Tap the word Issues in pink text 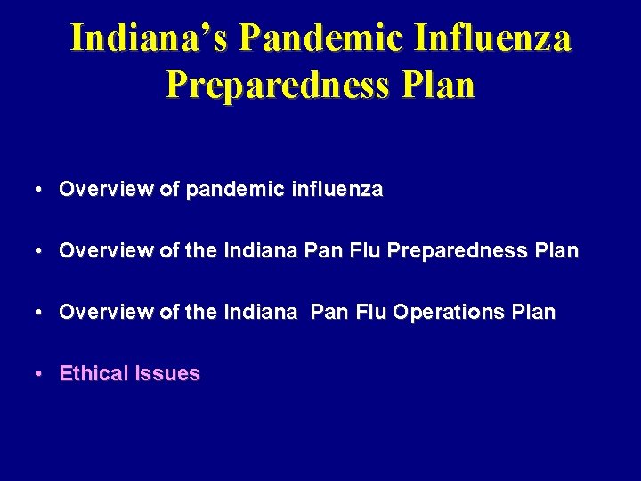[167, 374]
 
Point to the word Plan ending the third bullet [534, 313]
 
